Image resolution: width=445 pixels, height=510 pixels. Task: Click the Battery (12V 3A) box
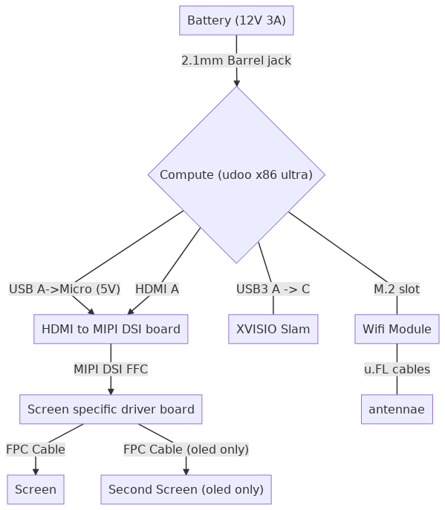pyautogui.click(x=236, y=20)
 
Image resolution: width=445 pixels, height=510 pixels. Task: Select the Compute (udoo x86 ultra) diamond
pyautogui.click(x=236, y=174)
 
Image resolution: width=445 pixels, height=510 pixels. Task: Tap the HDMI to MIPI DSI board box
pyautogui.click(x=111, y=329)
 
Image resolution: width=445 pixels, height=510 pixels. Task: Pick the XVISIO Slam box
pyautogui.click(x=273, y=329)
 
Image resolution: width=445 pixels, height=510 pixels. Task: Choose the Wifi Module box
pyautogui.click(x=397, y=329)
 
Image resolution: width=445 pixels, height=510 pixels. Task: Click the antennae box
pyautogui.click(x=397, y=409)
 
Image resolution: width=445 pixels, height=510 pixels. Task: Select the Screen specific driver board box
pyautogui.click(x=111, y=409)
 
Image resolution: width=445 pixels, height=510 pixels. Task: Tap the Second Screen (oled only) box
pyautogui.click(x=186, y=489)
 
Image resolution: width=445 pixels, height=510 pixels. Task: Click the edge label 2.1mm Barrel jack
pyautogui.click(x=236, y=60)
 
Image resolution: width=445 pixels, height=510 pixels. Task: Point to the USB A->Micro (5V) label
pyautogui.click(x=65, y=289)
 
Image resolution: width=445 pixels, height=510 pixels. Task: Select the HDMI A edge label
pyautogui.click(x=157, y=289)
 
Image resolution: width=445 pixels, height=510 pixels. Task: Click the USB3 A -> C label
pyautogui.click(x=273, y=289)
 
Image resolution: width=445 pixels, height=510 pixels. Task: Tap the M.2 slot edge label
pyautogui.click(x=397, y=289)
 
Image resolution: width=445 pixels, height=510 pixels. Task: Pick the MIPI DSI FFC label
pyautogui.click(x=111, y=369)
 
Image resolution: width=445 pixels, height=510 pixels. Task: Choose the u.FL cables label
pyautogui.click(x=397, y=369)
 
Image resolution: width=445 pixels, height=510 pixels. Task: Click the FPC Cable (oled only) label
pyautogui.click(x=186, y=450)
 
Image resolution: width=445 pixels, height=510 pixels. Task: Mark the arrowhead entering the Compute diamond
pyautogui.click(x=237, y=82)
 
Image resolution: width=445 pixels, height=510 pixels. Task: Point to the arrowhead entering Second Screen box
pyautogui.click(x=186, y=471)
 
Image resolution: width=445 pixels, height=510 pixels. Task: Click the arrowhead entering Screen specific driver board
pyautogui.click(x=111, y=391)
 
